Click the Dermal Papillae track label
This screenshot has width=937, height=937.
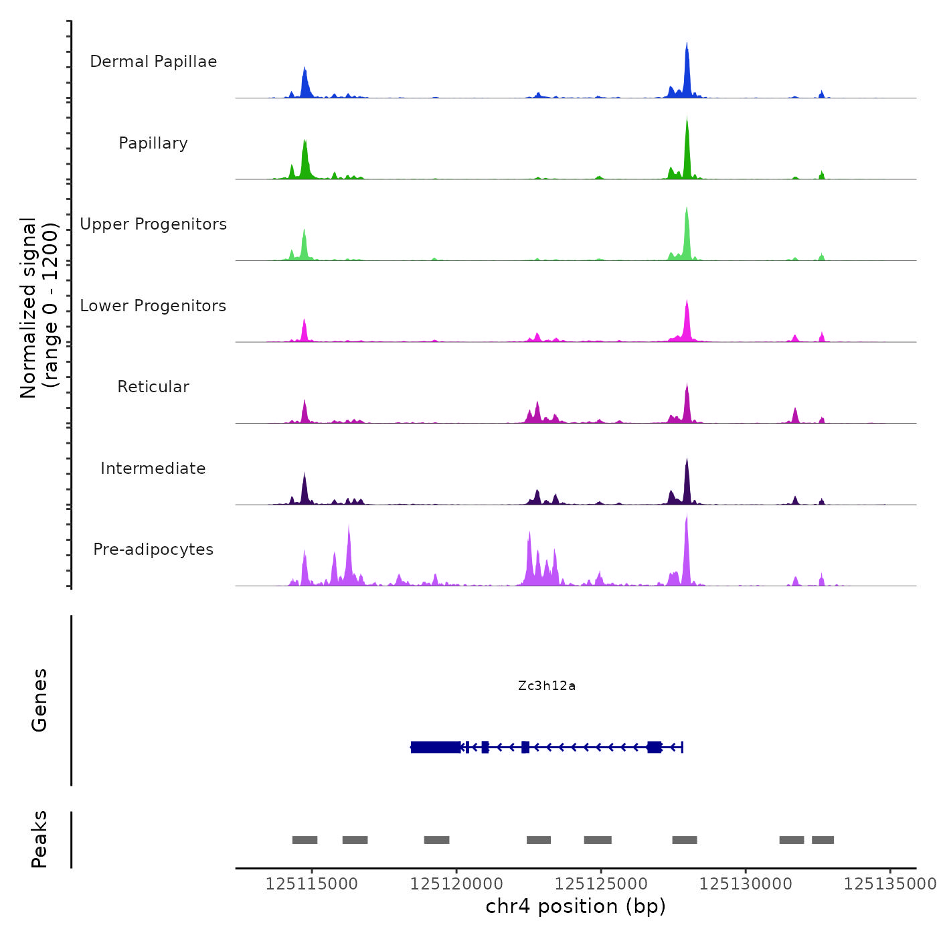tap(153, 62)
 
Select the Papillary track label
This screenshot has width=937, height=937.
tap(153, 143)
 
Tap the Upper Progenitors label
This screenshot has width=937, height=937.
tap(153, 224)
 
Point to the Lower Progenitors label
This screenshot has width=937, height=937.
tap(153, 306)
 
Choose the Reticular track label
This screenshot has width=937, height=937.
tap(153, 387)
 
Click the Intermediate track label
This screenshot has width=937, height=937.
tap(153, 468)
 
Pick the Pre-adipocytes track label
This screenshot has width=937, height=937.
tap(153, 549)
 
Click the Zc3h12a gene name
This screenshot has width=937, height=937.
tap(547, 685)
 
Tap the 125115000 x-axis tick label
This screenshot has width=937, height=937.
tap(312, 884)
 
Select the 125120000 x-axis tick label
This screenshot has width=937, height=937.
tap(456, 884)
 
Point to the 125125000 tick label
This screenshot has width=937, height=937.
tap(601, 884)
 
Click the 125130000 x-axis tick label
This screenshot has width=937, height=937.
tap(746, 884)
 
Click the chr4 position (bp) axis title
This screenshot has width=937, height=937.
tap(576, 906)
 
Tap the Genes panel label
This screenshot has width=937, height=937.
tap(39, 700)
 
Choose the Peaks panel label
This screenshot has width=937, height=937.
tap(39, 839)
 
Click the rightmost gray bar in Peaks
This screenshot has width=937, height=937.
tap(823, 840)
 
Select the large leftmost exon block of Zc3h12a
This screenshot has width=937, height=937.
tap(436, 747)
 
